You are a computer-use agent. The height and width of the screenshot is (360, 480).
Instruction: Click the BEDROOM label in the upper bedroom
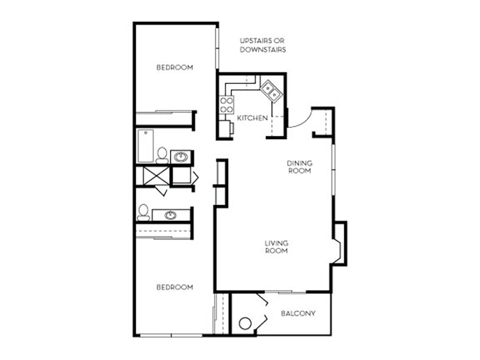pos(175,67)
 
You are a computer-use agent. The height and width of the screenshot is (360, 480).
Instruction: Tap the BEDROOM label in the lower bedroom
pos(175,287)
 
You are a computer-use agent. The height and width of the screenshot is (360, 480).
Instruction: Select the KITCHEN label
pos(252,118)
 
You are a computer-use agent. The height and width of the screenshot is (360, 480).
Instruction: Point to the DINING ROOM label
pos(299,167)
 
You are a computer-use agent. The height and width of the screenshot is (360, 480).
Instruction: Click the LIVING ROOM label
pos(277,247)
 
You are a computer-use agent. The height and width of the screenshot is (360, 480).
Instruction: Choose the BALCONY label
pos(298,313)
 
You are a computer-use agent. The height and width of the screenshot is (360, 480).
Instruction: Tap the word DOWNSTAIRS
pos(263,50)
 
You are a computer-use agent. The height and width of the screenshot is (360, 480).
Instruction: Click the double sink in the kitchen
pos(271,91)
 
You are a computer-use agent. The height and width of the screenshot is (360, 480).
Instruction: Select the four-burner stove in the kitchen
pos(227,104)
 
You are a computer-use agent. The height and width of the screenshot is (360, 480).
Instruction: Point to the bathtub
pos(146,146)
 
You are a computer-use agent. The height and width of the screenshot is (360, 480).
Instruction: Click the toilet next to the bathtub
pos(162,155)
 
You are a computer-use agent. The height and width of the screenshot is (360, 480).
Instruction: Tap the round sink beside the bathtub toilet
pos(181,157)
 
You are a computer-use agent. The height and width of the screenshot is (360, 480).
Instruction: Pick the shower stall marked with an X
pos(156,176)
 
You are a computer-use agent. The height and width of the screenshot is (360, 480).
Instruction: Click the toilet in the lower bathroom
pos(143,212)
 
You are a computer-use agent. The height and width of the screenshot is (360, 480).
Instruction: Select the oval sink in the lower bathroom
pos(170,215)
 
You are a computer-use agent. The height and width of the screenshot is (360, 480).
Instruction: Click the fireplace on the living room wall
pos(340,244)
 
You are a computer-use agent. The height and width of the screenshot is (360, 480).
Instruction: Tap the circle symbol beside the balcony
pos(245,323)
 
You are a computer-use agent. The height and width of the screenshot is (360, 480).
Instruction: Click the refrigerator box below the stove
pos(226,129)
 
